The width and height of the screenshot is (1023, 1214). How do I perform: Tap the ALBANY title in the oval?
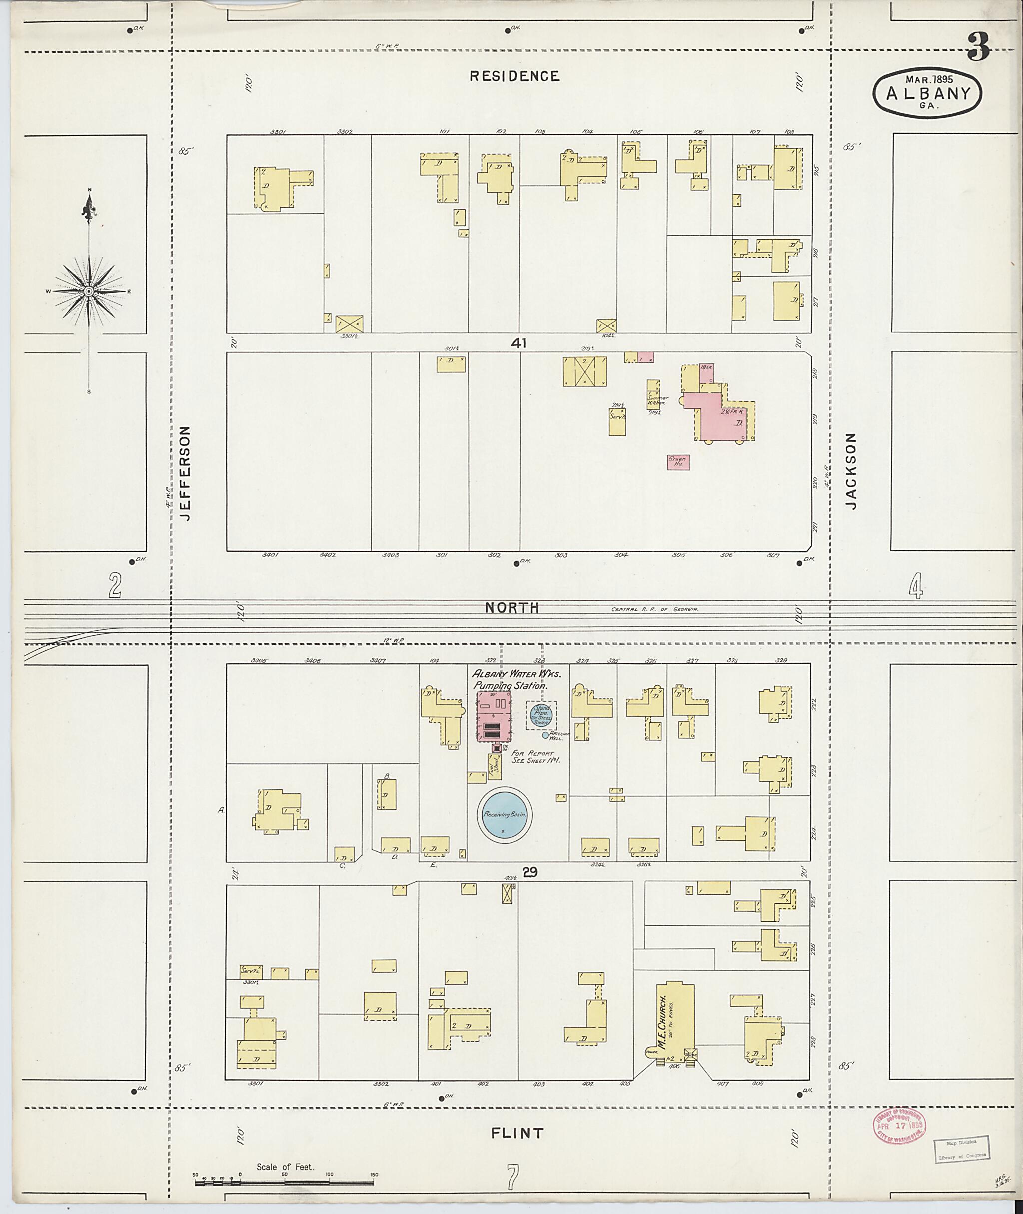[928, 93]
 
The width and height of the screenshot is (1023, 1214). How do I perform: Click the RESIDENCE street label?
[514, 76]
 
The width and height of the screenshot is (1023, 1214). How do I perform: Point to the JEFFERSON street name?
[186, 473]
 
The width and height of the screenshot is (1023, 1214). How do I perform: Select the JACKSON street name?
[851, 471]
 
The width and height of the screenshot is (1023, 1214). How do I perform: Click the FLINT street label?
[517, 1133]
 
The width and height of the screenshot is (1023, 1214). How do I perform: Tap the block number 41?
[518, 343]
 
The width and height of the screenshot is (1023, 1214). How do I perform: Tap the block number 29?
[528, 871]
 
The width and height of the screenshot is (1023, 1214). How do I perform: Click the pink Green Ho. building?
[678, 462]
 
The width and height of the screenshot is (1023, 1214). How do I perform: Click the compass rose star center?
[89, 291]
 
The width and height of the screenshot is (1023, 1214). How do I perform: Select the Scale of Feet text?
[285, 1167]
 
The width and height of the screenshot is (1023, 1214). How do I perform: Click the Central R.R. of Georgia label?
[655, 609]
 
